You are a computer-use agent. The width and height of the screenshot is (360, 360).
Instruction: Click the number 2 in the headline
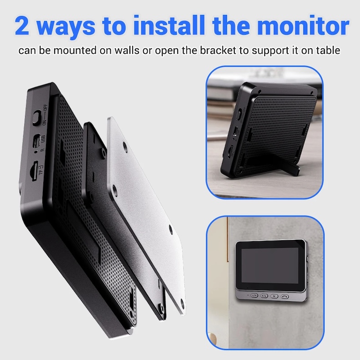coord(23,26)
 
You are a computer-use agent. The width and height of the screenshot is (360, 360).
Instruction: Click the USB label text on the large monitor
coord(42,139)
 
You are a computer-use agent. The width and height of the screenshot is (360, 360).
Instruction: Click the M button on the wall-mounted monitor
coord(274,295)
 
